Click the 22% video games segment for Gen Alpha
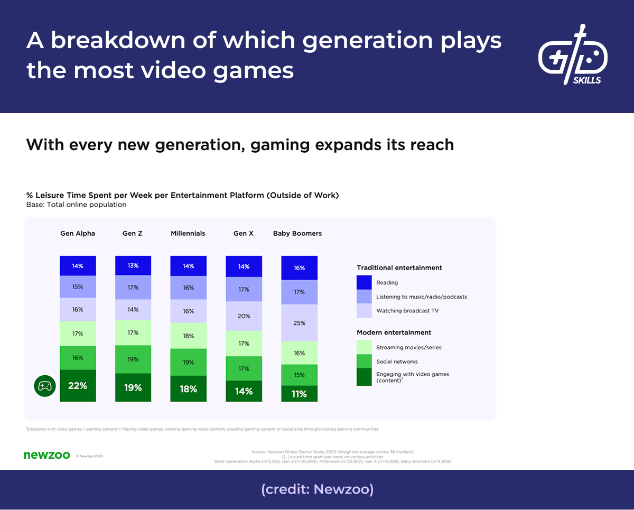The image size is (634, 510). point(78,386)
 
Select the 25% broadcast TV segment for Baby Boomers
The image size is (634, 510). point(299,323)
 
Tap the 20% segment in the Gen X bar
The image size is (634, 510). point(244,316)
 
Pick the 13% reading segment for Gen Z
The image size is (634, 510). point(133,266)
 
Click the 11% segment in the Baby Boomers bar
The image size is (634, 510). point(299,394)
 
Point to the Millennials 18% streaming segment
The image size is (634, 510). point(189,336)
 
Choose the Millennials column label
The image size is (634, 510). point(188,233)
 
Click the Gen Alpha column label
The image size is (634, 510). point(78,233)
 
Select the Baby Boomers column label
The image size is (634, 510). point(297,233)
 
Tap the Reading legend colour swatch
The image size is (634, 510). point(364,283)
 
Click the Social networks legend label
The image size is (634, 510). point(397,361)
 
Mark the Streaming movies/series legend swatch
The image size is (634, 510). point(364,347)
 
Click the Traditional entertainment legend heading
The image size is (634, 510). point(399,268)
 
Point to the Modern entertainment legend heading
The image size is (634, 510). point(394,332)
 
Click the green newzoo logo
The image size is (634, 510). point(46,455)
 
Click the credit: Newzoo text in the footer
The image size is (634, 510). point(317,489)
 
